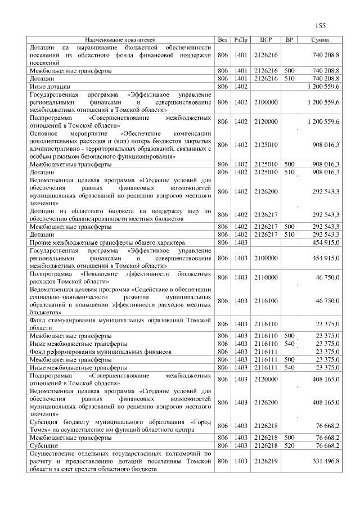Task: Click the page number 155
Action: tap(321, 25)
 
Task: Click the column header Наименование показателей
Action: tap(120, 40)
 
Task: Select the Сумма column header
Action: tap(320, 40)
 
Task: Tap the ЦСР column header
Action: tap(266, 40)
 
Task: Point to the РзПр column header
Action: tap(241, 40)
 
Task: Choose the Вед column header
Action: tap(223, 40)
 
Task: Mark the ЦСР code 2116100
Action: tap(266, 301)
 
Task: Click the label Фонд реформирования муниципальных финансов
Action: tap(101, 351)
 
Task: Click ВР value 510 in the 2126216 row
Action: tap(290, 79)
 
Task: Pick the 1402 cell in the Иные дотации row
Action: tap(241, 87)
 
